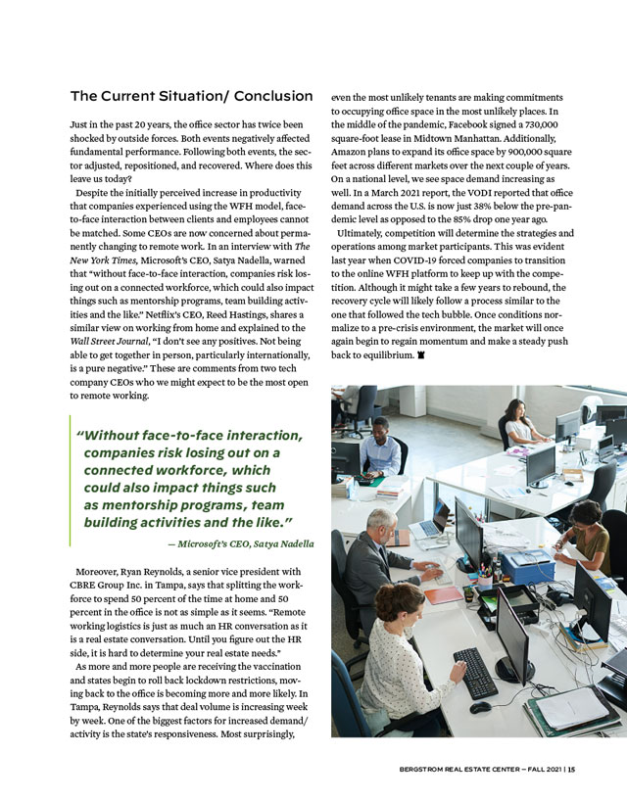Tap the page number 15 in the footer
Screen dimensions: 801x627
571,769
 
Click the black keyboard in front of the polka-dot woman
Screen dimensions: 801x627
475,672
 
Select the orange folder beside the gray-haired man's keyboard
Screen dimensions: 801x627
443,594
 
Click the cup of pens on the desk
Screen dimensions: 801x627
484,579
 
